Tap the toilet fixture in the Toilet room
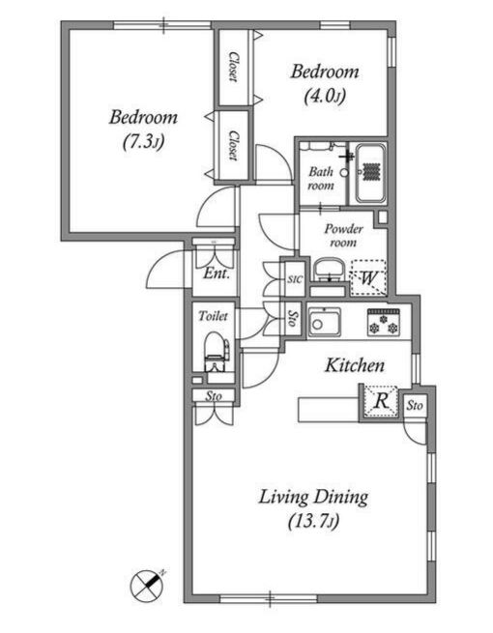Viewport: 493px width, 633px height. [x=216, y=352]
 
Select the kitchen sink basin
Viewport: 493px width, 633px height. [x=325, y=322]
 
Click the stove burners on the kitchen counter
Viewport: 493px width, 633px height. [x=384, y=323]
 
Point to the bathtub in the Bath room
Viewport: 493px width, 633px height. [x=370, y=174]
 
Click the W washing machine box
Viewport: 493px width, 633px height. [x=368, y=278]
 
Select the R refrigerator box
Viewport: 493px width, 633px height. [x=380, y=401]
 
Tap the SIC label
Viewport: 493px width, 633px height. [x=295, y=279]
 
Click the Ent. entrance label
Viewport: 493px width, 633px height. [x=217, y=274]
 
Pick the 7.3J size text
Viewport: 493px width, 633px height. [x=143, y=142]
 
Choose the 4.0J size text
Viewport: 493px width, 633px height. [x=325, y=96]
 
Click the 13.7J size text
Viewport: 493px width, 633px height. [x=314, y=521]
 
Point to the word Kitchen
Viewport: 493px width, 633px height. [x=355, y=365]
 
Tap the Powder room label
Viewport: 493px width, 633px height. [x=343, y=236]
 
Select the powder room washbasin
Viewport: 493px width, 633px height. [x=329, y=270]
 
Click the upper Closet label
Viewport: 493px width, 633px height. [x=233, y=67]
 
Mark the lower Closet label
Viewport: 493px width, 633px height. [x=233, y=145]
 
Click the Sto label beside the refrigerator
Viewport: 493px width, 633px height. [x=415, y=405]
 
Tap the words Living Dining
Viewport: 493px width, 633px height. [x=313, y=497]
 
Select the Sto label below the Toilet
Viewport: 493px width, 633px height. [x=214, y=396]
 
